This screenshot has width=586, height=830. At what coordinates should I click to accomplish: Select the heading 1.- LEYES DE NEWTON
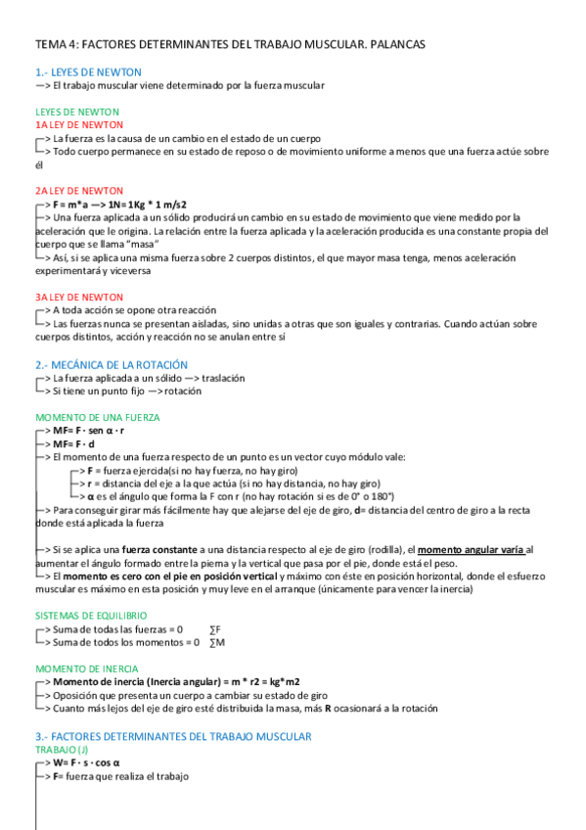88,72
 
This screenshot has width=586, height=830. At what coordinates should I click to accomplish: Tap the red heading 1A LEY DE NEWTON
78,125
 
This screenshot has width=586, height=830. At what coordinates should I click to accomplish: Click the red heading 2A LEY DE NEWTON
78,190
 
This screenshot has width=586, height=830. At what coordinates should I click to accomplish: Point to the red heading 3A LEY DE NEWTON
78,296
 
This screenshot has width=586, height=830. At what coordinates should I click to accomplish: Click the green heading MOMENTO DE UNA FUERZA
98,417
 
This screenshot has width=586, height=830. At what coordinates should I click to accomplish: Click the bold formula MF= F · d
76,443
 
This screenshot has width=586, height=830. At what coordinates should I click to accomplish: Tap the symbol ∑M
217,642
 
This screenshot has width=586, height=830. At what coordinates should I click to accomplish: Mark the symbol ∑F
216,628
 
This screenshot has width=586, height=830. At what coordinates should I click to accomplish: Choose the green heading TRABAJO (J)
62,750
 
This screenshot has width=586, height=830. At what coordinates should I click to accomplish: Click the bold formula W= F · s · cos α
86,762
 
